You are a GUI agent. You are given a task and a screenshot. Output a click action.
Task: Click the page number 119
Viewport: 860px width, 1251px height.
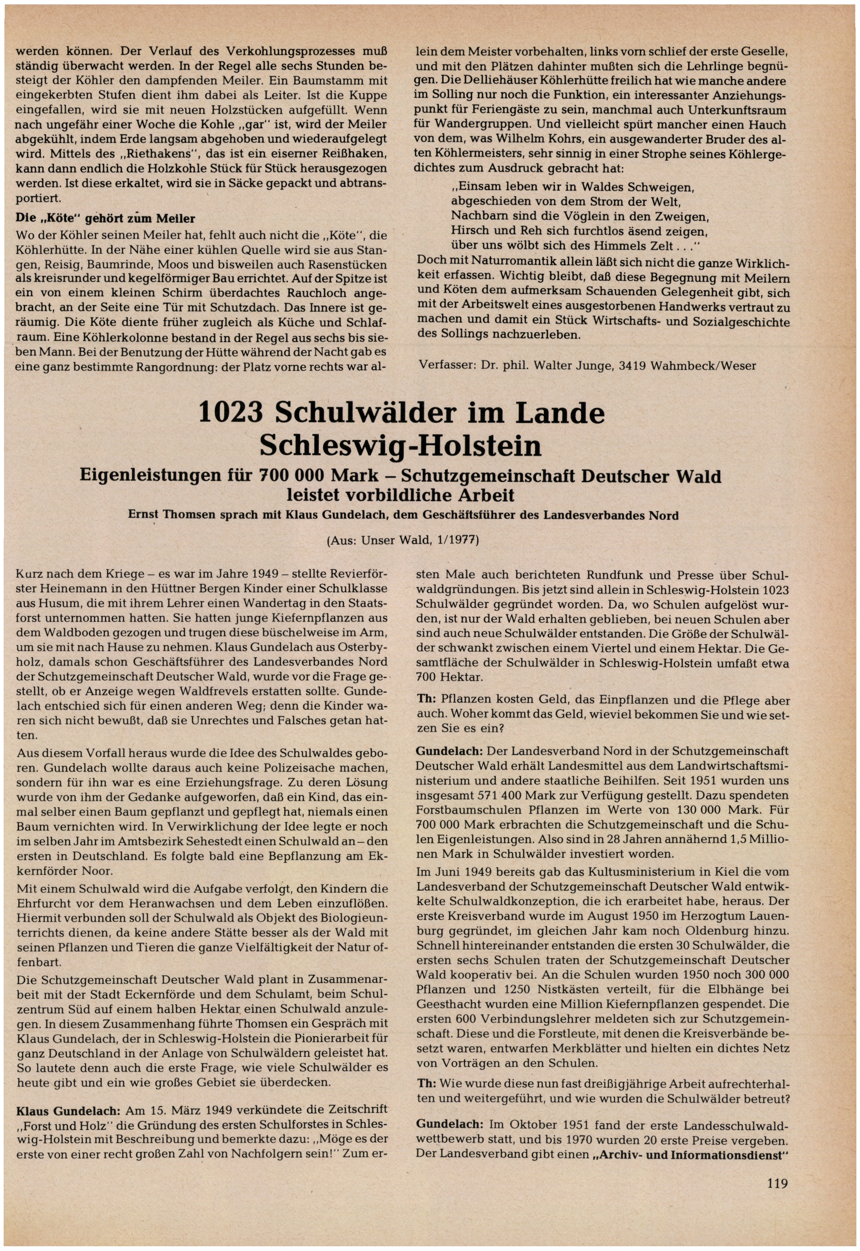[x=777, y=1184]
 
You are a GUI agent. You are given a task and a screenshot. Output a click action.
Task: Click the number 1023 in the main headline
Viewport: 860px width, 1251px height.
[x=231, y=413]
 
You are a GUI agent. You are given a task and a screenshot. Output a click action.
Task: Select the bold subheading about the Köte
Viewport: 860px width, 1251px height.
[x=105, y=219]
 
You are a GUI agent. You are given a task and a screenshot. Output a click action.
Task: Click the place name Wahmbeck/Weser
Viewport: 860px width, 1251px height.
[x=703, y=366]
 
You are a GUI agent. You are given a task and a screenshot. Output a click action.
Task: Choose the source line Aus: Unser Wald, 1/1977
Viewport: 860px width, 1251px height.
[x=402, y=540]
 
